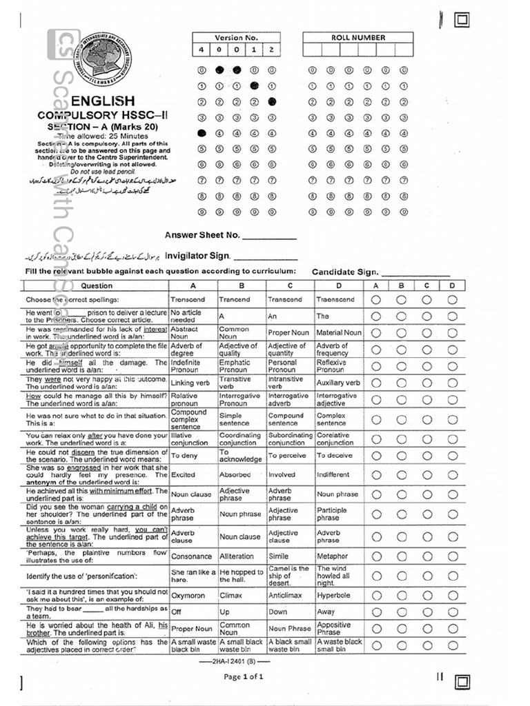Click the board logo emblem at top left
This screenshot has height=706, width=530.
(x=102, y=60)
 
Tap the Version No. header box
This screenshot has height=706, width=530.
(x=236, y=38)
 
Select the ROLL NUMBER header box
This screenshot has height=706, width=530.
(x=357, y=38)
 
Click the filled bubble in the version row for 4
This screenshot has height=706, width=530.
(x=202, y=133)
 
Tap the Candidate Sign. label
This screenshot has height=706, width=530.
(x=344, y=272)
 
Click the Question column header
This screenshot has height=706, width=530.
(x=96, y=285)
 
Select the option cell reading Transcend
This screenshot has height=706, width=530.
(x=288, y=300)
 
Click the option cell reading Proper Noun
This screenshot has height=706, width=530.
(x=288, y=333)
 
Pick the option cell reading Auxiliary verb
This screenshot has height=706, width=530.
(x=338, y=383)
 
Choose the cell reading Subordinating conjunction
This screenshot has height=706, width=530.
(x=290, y=439)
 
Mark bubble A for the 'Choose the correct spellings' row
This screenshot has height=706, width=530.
(x=376, y=300)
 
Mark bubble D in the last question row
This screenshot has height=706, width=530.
(x=452, y=645)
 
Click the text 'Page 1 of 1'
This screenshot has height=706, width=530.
(x=244, y=677)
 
